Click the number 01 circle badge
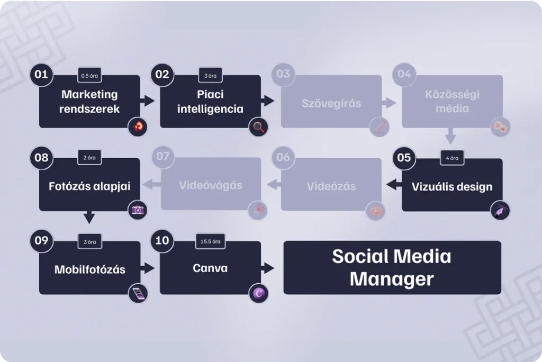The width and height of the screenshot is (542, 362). (x=41, y=74)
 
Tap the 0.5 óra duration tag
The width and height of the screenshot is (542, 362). (x=89, y=75)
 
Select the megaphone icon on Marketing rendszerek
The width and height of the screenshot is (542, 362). (x=138, y=126)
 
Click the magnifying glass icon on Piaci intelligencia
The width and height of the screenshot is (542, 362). (x=259, y=127)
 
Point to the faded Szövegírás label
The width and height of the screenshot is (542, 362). (x=331, y=103)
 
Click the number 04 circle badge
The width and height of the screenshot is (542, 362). (x=404, y=74)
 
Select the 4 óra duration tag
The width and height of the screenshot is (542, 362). (x=452, y=158)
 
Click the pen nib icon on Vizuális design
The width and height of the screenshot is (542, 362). (x=500, y=210)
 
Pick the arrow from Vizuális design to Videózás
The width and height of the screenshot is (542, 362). (x=392, y=185)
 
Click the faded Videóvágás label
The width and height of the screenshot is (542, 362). (x=211, y=186)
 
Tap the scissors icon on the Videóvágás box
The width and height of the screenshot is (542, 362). (x=259, y=210)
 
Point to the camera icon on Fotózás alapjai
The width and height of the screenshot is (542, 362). (x=138, y=210)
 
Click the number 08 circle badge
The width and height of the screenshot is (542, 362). (x=41, y=157)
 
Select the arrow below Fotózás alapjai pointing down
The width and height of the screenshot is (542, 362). (x=89, y=217)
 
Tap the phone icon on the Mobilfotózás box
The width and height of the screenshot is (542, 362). (x=138, y=293)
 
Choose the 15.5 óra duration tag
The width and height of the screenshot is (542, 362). (x=210, y=241)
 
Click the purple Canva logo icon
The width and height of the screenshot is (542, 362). (x=259, y=293)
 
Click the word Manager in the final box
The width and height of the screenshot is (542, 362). (x=392, y=279)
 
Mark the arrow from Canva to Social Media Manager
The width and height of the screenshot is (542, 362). (x=269, y=268)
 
